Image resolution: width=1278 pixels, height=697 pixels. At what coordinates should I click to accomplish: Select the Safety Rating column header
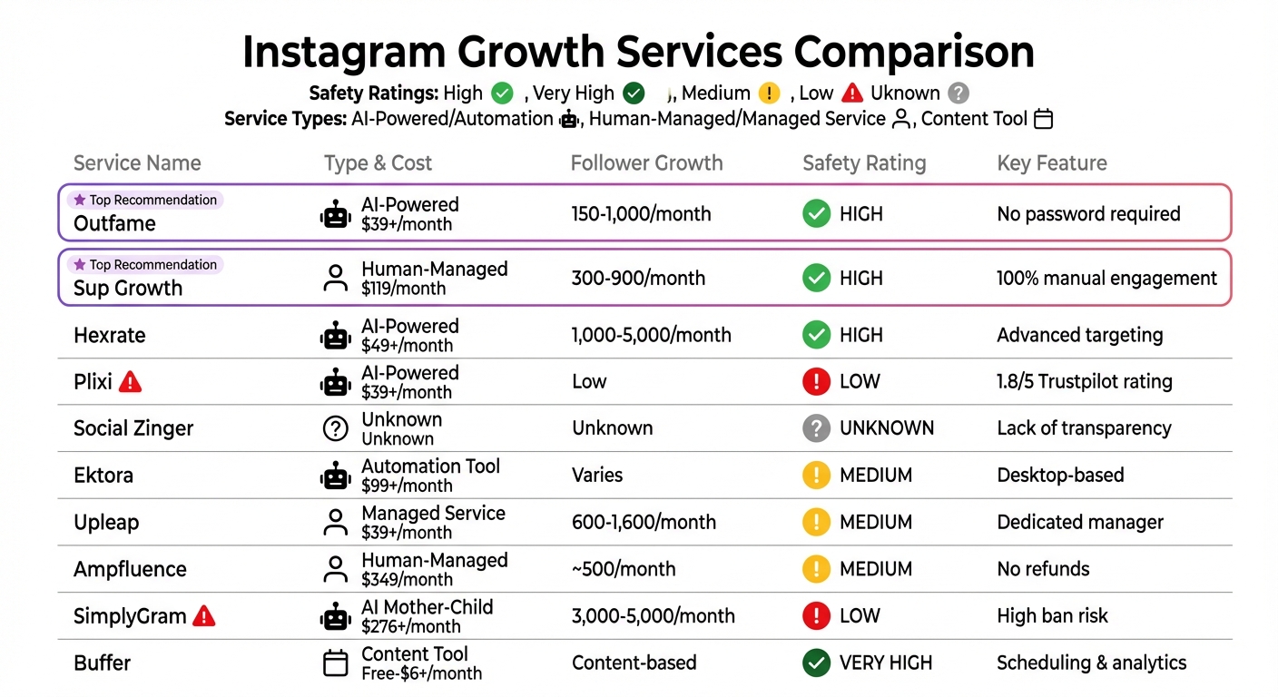[x=864, y=163]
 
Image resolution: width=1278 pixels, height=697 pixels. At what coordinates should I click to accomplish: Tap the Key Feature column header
[x=1052, y=163]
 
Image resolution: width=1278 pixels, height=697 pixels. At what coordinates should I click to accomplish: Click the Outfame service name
[x=114, y=223]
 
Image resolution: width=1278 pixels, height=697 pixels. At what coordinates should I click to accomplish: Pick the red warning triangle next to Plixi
[x=131, y=382]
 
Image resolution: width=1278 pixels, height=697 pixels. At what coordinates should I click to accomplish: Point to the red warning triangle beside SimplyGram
[x=204, y=616]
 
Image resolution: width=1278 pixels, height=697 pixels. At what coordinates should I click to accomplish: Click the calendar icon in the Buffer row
[x=336, y=663]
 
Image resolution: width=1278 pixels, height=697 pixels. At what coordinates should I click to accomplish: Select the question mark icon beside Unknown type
[x=336, y=428]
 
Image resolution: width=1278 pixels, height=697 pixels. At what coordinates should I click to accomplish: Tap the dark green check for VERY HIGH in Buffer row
[x=816, y=663]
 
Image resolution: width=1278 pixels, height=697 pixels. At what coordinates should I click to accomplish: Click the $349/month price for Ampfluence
[x=407, y=580]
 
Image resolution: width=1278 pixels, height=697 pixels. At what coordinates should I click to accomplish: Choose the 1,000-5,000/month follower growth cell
[x=651, y=335]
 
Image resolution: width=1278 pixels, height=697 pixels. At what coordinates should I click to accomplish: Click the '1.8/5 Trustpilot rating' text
[x=1085, y=382]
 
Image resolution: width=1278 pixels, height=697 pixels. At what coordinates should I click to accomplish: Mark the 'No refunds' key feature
[x=1043, y=569]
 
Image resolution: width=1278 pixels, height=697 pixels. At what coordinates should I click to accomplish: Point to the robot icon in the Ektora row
[x=336, y=476]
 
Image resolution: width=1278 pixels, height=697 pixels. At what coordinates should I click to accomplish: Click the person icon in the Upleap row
[x=336, y=523]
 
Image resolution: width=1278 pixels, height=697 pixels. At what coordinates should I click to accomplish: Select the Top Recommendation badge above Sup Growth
[x=145, y=265]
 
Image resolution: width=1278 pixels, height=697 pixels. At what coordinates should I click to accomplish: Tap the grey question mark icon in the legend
[x=958, y=93]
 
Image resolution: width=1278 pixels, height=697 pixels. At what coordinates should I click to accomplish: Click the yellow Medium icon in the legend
[x=770, y=93]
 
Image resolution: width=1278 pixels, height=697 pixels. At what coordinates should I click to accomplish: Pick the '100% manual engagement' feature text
[x=1106, y=279]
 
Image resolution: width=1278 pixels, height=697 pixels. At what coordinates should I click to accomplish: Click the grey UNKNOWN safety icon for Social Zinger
[x=816, y=428]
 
